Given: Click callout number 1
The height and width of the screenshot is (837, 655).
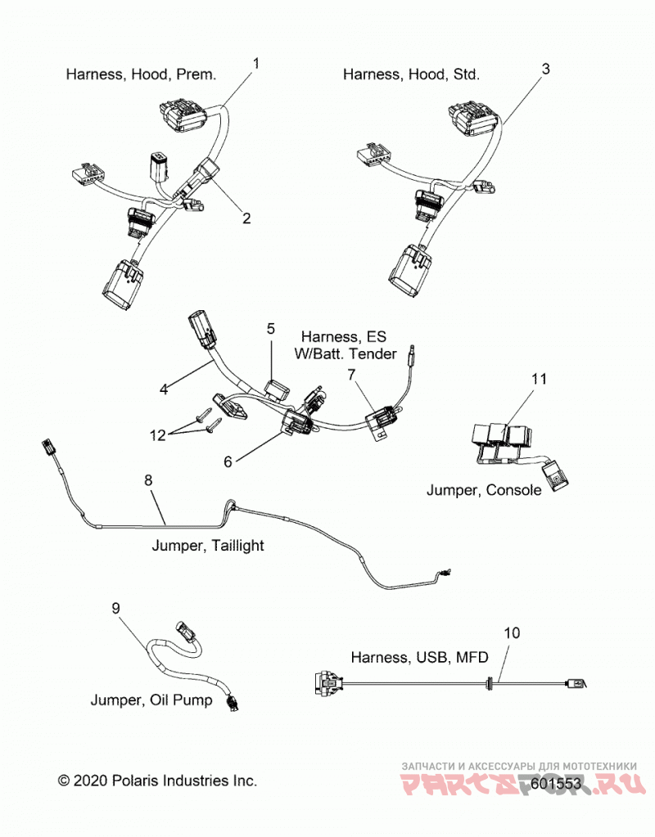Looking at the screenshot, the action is tap(256, 64).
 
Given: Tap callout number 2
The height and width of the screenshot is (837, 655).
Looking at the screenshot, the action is tap(246, 218).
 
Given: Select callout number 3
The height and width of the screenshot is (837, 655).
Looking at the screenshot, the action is tap(545, 69).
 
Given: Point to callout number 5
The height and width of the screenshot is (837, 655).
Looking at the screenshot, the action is tap(271, 328).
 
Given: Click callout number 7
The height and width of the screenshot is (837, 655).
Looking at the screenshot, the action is tap(351, 375).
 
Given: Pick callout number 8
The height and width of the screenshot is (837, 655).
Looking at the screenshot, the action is tap(148, 480).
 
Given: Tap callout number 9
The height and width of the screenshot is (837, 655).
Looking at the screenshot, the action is tap(116, 608).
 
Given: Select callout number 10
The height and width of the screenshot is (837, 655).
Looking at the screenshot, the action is tap(512, 632).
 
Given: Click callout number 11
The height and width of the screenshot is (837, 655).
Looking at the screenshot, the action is tap(539, 379).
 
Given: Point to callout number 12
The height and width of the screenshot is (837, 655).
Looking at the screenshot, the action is tap(157, 435).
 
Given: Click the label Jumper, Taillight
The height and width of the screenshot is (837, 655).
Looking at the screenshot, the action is tap(208, 546).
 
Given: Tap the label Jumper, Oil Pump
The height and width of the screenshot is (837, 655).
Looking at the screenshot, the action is tap(151, 700).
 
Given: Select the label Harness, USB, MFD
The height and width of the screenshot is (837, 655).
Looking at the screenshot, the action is tap(419, 657).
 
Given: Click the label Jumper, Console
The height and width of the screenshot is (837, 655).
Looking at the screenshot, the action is tap(484, 490).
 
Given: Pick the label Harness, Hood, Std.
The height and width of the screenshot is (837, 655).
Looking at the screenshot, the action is tap(411, 74).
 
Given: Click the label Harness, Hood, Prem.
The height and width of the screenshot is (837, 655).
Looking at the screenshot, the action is tap(141, 74).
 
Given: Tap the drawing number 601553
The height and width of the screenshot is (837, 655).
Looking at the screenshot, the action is tap(556, 784).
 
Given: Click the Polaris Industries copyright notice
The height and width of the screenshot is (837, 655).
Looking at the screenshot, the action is tap(157, 781).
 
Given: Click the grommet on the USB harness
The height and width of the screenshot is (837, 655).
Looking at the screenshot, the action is tap(489, 683).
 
